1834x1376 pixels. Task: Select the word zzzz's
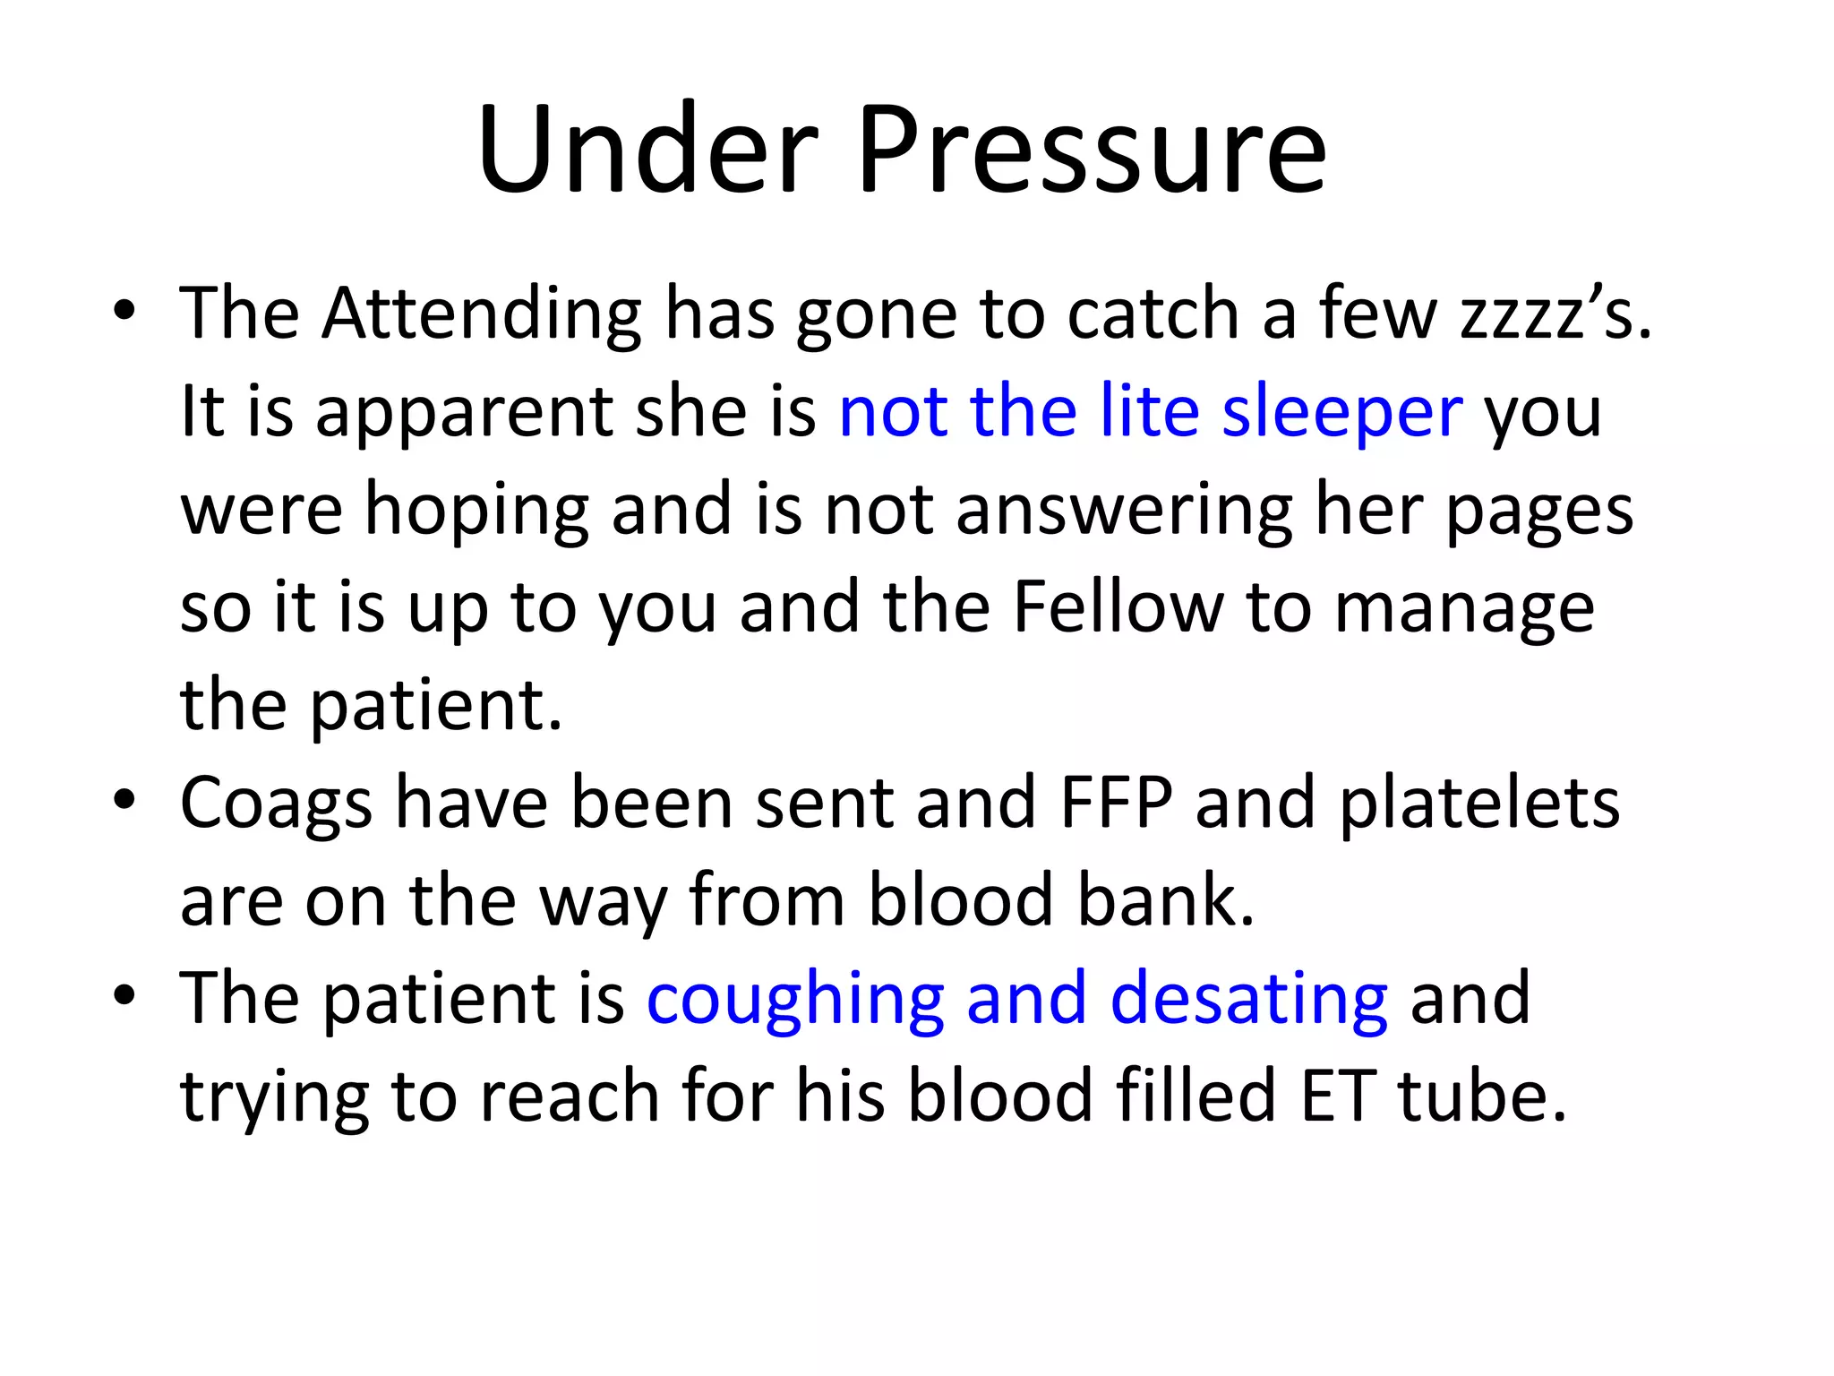click(1555, 315)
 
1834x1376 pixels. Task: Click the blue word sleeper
click(1342, 413)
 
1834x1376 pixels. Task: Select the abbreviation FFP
click(1116, 803)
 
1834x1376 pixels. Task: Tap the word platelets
click(1479, 803)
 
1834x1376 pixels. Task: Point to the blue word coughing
click(795, 1001)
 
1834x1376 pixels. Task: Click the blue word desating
click(1248, 1001)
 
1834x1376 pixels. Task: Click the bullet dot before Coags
click(124, 799)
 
